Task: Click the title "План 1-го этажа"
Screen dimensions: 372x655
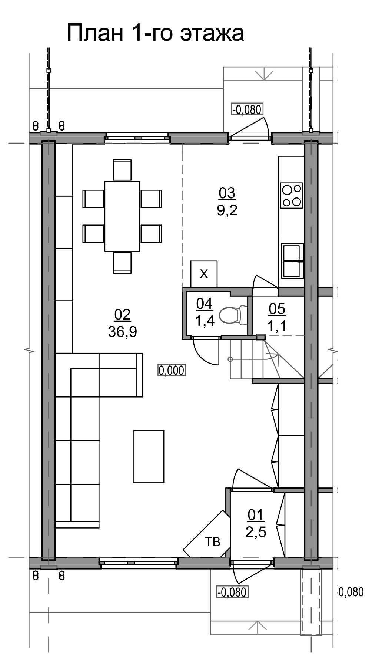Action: click(x=155, y=33)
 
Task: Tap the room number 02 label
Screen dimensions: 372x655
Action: click(x=123, y=315)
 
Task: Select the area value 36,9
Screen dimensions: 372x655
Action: click(x=123, y=332)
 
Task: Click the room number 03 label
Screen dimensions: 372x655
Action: click(x=227, y=193)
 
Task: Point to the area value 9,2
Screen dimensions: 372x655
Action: click(x=227, y=210)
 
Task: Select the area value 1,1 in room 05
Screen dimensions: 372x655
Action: click(x=277, y=325)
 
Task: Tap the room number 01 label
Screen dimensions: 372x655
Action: click(x=256, y=514)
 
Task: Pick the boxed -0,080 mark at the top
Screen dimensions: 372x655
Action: click(x=247, y=109)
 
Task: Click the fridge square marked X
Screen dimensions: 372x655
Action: click(x=204, y=274)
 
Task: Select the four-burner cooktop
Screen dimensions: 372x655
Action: click(x=291, y=195)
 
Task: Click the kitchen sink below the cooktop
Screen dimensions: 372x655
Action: click(x=293, y=261)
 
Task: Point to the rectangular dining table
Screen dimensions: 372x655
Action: click(x=122, y=216)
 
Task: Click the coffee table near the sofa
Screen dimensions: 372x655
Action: click(x=149, y=456)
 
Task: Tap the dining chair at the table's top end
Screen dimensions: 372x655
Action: click(x=122, y=170)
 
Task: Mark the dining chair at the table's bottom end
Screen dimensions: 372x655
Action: click(x=122, y=263)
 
